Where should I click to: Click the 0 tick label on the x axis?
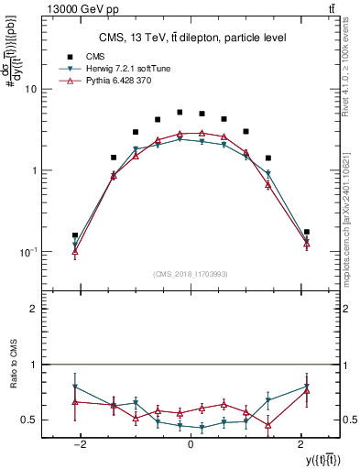coord(191,443)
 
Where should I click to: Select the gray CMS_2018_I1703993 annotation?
coord(191,274)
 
